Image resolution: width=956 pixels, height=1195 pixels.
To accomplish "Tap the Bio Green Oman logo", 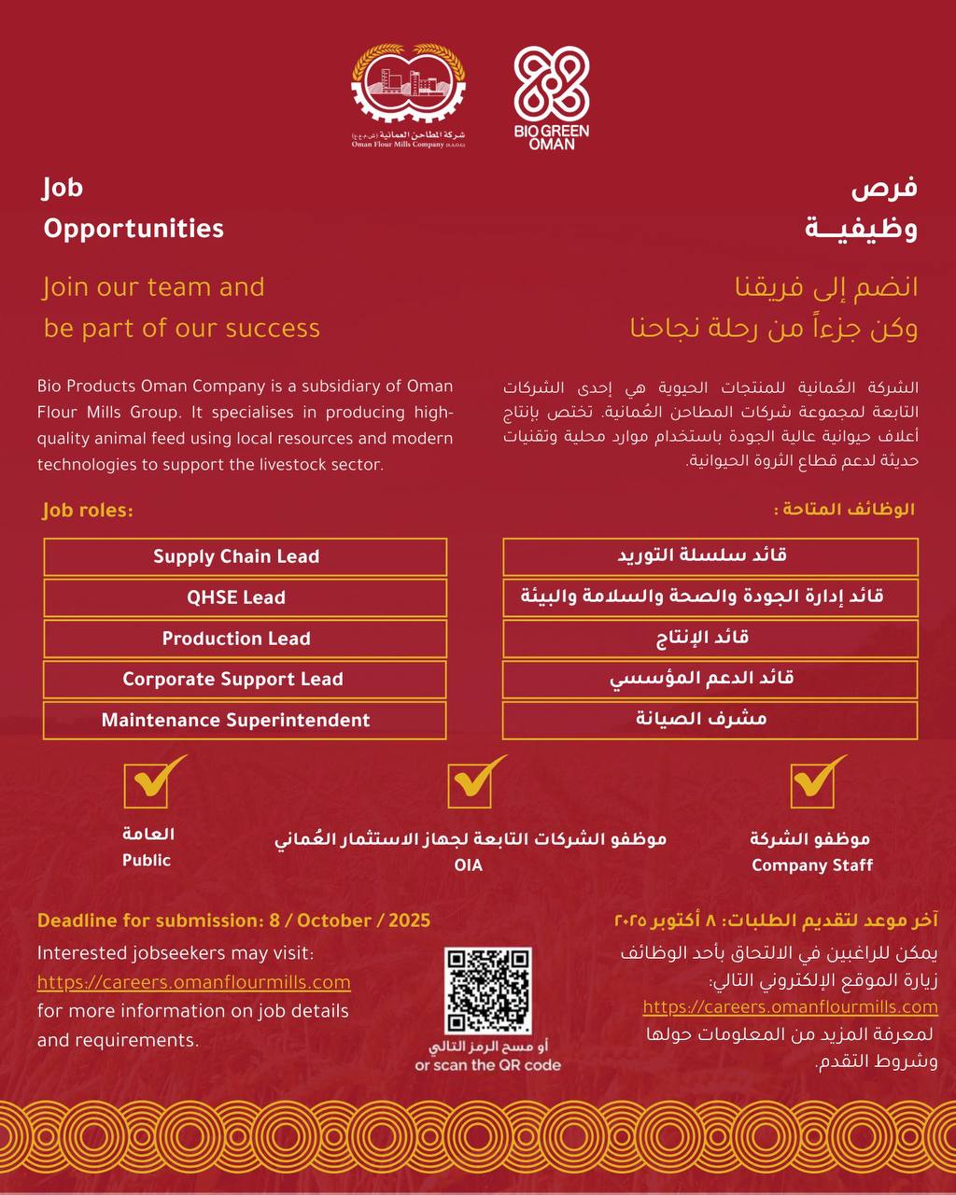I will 552,97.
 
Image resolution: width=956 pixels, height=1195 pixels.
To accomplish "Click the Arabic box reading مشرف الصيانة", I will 710,721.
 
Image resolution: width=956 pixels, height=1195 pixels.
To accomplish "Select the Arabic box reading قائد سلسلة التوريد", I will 710,556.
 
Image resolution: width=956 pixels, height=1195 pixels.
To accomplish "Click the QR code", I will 488,991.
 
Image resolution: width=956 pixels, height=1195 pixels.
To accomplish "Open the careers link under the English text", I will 194,982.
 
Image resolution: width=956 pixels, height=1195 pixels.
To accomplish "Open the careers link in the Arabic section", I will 790,1007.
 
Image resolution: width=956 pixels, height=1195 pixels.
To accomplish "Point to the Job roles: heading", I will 88,512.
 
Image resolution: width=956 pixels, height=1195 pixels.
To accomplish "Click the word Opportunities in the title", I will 134,229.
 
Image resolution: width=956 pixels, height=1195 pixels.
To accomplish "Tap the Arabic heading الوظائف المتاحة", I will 844,510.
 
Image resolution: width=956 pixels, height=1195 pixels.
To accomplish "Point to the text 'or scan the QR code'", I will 488,1065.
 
